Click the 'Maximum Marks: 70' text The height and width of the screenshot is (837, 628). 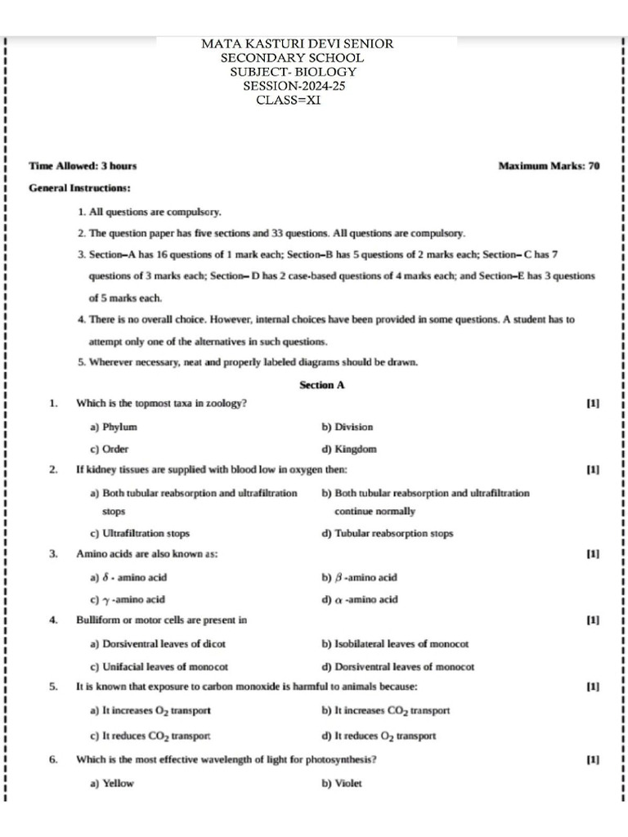coord(549,166)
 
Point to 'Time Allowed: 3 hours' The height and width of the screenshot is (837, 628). coord(83,166)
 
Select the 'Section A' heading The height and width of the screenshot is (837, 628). coord(322,385)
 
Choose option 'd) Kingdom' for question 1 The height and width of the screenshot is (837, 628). coord(349,449)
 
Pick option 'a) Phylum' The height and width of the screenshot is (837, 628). coord(114,427)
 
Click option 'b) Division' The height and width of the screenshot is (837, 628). coord(348,427)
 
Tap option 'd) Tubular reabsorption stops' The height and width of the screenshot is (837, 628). coord(388,534)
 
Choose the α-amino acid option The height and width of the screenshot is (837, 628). coord(360,599)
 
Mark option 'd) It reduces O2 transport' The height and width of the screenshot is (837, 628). coord(379,736)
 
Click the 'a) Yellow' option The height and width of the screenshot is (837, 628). coord(112,783)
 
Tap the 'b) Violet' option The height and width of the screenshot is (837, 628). coord(342,783)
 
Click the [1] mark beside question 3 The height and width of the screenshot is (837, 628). coord(594,554)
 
